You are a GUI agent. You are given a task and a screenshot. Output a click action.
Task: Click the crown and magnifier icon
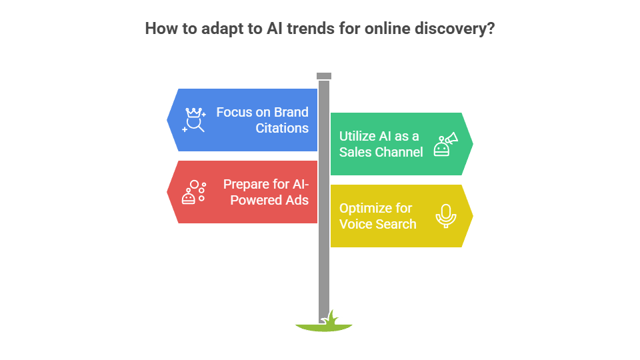(x=194, y=119)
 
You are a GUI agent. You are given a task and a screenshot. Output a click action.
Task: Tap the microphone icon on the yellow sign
(x=445, y=215)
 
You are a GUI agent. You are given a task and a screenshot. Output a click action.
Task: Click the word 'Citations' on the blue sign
(x=282, y=128)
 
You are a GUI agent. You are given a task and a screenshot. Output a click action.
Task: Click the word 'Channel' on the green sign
(x=399, y=152)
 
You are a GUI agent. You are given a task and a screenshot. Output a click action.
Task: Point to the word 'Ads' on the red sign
(x=297, y=200)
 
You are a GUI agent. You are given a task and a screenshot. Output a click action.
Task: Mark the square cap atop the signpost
(x=324, y=75)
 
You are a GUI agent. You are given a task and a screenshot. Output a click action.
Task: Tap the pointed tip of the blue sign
(x=167, y=120)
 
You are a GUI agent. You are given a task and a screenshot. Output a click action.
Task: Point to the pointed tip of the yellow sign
(x=473, y=216)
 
